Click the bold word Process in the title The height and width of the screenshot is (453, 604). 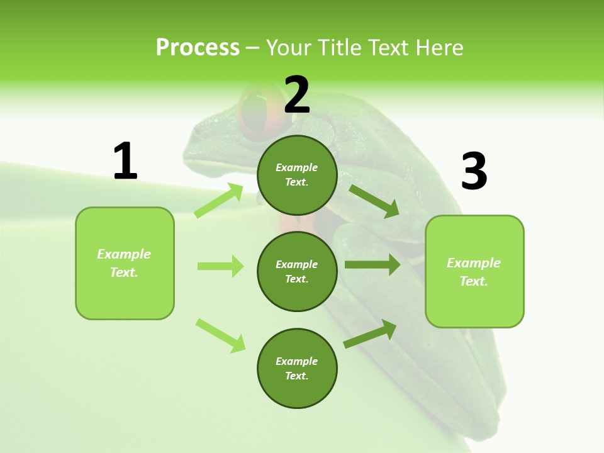pyautogui.click(x=198, y=47)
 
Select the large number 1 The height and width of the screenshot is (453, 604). pyautogui.click(x=125, y=161)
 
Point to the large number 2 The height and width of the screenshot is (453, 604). pyautogui.click(x=297, y=95)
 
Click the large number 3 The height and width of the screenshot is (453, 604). pyautogui.click(x=474, y=171)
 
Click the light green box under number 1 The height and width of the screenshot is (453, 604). pyautogui.click(x=125, y=263)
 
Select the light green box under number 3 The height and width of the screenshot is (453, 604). pyautogui.click(x=474, y=272)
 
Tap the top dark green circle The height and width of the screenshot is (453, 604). pyautogui.click(x=297, y=175)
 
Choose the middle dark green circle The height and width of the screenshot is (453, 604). pyautogui.click(x=297, y=271)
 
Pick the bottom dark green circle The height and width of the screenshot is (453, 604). pyautogui.click(x=297, y=368)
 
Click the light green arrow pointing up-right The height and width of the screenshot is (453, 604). pyautogui.click(x=219, y=200)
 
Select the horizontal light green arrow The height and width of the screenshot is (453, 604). pyautogui.click(x=220, y=266)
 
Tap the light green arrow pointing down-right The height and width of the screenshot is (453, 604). pyautogui.click(x=220, y=335)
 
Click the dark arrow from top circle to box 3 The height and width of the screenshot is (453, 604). pyautogui.click(x=374, y=201)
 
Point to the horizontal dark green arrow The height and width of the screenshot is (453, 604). pyautogui.click(x=372, y=265)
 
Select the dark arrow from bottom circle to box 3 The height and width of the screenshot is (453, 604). pyautogui.click(x=370, y=334)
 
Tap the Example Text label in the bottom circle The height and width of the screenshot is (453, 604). pyautogui.click(x=297, y=368)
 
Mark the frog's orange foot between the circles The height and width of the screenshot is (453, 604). pyautogui.click(x=297, y=222)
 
